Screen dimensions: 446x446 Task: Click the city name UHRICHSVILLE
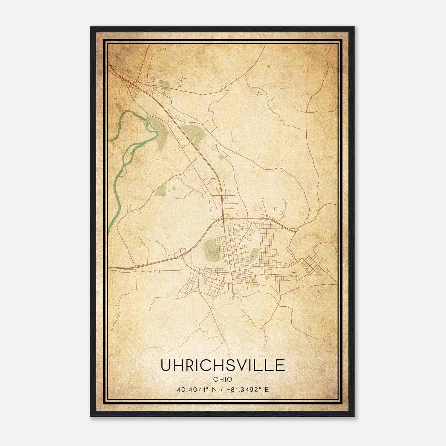(222, 365)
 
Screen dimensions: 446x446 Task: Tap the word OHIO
(222, 379)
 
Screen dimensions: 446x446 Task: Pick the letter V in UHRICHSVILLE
(243, 365)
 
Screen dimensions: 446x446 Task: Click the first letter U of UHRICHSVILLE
(166, 365)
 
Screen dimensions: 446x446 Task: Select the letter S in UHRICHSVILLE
(231, 365)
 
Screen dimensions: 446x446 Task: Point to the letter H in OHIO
(221, 379)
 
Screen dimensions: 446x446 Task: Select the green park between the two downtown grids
(254, 255)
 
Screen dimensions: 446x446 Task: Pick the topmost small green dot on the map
(268, 67)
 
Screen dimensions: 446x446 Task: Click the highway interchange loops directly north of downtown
(225, 216)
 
